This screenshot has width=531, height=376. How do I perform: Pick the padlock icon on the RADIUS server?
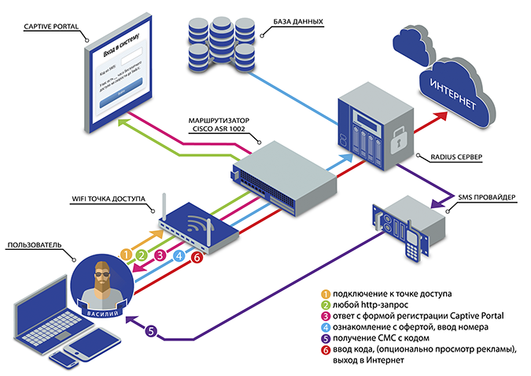pos(399,143)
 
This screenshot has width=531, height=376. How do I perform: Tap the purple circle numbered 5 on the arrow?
pos(153,331)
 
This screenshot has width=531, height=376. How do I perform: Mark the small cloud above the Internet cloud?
pos(414,48)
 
